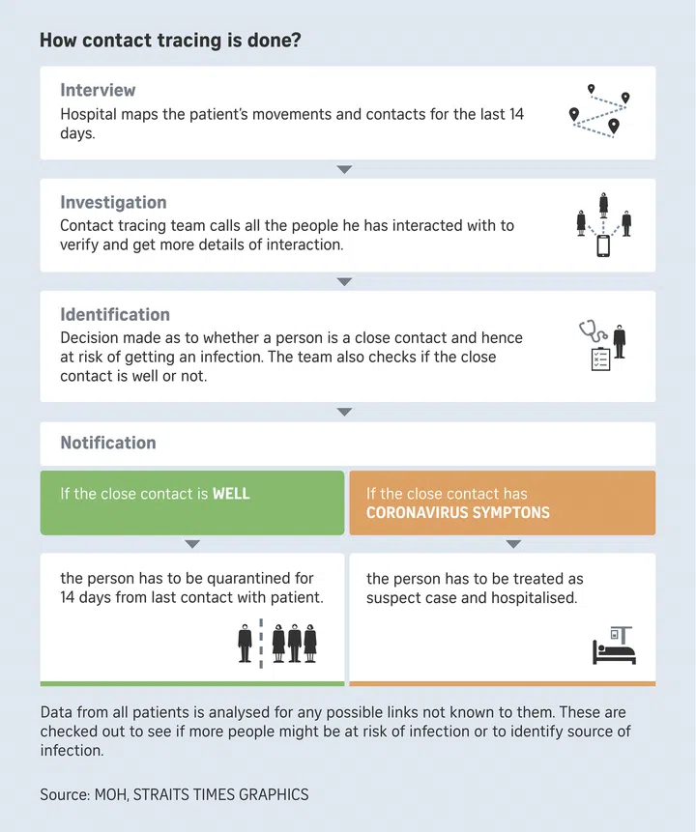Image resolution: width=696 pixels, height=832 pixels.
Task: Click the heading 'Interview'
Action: point(98,90)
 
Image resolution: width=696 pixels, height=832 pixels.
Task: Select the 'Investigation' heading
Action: point(113,202)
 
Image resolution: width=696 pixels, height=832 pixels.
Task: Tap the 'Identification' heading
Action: point(114,314)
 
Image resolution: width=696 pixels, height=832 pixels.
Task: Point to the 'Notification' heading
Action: point(107,443)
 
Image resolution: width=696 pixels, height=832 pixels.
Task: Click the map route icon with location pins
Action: point(599,111)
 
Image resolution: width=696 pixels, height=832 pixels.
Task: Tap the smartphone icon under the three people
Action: point(603,245)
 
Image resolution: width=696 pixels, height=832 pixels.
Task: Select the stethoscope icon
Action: point(591,331)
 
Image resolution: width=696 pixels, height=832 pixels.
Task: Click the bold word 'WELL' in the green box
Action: point(231,494)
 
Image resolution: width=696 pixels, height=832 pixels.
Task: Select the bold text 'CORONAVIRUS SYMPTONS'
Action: point(457,512)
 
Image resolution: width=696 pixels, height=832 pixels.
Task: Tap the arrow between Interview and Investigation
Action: point(344,169)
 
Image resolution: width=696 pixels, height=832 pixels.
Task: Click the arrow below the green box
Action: point(192,544)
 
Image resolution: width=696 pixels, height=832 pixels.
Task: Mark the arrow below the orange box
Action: point(513,544)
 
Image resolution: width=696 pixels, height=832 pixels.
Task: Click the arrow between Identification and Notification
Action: point(344,412)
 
